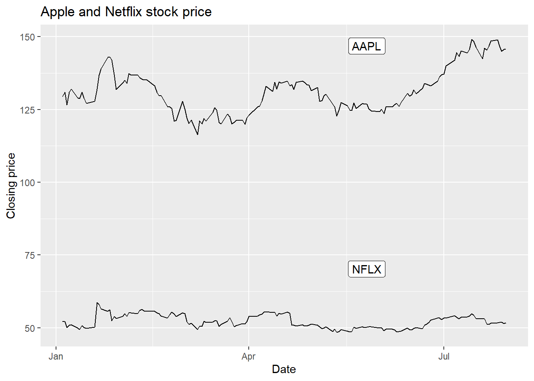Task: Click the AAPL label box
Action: click(x=366, y=46)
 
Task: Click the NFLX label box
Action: click(x=366, y=269)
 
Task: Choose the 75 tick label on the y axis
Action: click(x=30, y=256)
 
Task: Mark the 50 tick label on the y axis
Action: click(x=30, y=328)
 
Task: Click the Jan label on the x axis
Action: click(x=56, y=356)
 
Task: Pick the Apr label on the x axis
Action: click(x=248, y=356)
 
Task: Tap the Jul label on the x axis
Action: click(x=443, y=356)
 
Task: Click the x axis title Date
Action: click(x=284, y=369)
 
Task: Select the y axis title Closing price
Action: click(x=11, y=186)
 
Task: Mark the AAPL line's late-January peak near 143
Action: click(x=109, y=57)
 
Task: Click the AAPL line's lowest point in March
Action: click(x=197, y=135)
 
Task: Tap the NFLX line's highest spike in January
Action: click(x=97, y=303)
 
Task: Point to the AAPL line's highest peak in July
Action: click(x=472, y=40)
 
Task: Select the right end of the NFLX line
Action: click(x=505, y=323)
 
